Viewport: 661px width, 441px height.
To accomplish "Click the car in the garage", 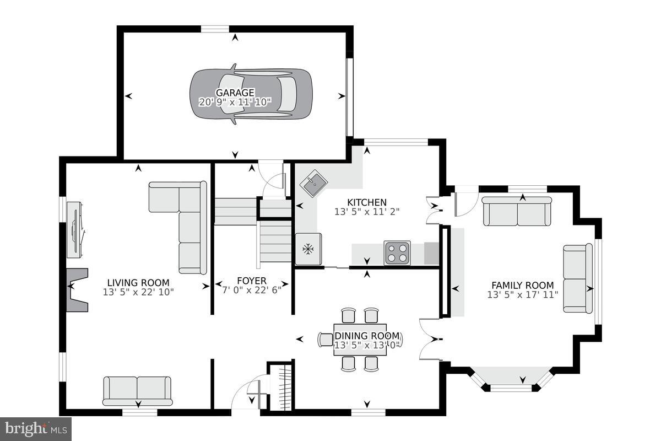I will (x=251, y=94).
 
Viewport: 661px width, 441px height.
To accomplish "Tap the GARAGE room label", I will (x=235, y=93).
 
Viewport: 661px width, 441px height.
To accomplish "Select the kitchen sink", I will (x=312, y=184).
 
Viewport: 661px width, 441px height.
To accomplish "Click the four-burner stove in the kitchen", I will (x=397, y=253).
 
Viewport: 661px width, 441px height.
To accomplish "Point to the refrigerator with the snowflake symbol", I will (x=308, y=249).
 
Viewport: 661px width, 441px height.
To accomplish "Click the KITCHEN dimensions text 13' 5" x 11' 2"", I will (x=367, y=211).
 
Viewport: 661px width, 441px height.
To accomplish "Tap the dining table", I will (x=360, y=340).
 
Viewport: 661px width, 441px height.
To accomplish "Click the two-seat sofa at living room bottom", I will (x=137, y=390).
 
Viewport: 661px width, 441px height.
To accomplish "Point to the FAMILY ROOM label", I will (x=522, y=285).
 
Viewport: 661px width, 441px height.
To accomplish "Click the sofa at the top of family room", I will (x=517, y=211).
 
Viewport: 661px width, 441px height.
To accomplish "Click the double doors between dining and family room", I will (x=430, y=340).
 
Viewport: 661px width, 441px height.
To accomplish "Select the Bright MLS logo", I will (x=36, y=428).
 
